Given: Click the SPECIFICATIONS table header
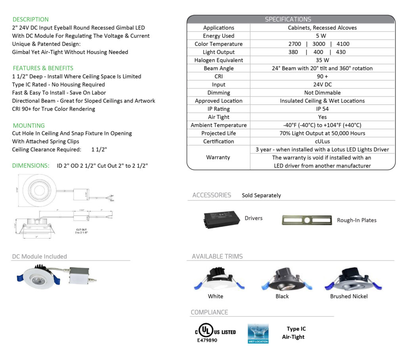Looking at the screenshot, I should [288, 19].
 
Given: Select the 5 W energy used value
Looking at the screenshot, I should [322, 36].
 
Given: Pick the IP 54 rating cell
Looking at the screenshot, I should [322, 109].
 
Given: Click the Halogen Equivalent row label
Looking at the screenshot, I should [218, 60].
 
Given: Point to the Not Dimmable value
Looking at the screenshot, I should [322, 93].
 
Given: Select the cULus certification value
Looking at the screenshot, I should [322, 142].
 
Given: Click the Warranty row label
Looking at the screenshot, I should [218, 157].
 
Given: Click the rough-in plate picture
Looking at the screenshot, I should [307, 220].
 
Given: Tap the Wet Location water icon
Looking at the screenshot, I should [258, 333].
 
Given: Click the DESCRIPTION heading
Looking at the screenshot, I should [31, 19].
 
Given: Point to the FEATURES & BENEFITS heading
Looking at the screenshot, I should [43, 68].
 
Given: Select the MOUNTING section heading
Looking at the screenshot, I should [29, 126].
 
